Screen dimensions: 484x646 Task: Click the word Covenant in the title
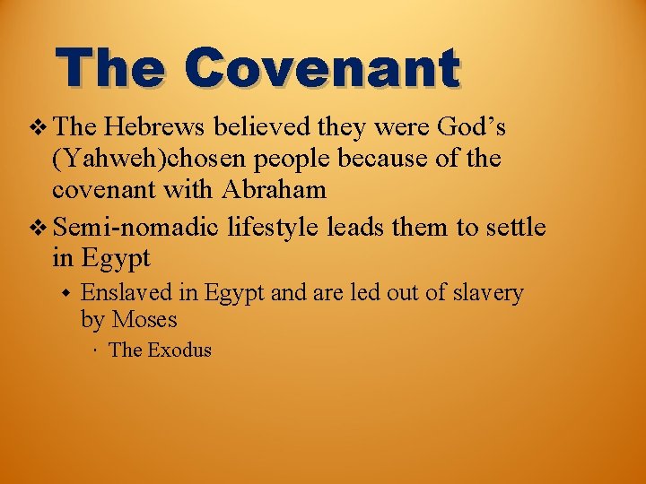coord(322,67)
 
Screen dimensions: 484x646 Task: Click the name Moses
coord(145,319)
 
